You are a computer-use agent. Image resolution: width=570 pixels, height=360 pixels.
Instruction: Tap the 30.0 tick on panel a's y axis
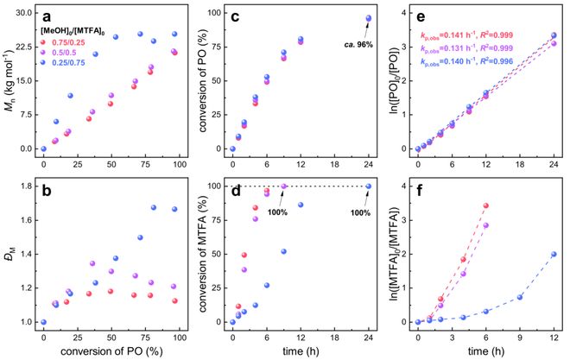click(24, 14)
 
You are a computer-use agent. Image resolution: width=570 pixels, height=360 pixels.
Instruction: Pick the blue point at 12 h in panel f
click(554, 255)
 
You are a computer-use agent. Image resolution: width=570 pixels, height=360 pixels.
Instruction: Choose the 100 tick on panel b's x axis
click(179, 335)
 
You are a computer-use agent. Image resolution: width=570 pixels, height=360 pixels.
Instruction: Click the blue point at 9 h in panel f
click(520, 297)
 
